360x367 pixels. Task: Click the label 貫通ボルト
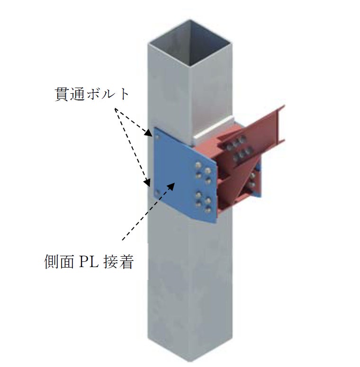pos(90,94)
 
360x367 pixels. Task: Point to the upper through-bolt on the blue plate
pos(157,138)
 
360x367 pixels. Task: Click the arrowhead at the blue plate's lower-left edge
pos(148,181)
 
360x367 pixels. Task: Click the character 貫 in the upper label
pos(59,94)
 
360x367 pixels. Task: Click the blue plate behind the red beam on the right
pos(256,185)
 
